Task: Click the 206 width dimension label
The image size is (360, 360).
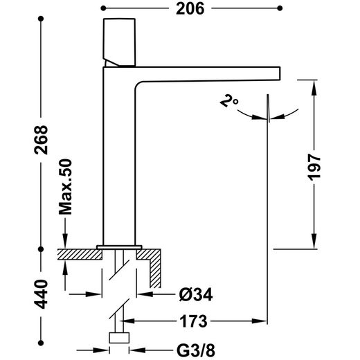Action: [190, 9]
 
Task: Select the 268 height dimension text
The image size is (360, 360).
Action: [41, 140]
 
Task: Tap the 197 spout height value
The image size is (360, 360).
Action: [314, 168]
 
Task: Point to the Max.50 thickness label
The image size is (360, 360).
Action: [66, 187]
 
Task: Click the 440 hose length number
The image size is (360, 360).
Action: [41, 294]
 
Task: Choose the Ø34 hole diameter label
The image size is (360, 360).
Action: [196, 295]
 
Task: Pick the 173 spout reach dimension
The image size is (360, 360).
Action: [193, 321]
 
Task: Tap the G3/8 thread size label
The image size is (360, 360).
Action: [196, 350]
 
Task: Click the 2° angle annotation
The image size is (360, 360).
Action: [228, 102]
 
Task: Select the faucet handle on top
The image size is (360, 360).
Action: [119, 42]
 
